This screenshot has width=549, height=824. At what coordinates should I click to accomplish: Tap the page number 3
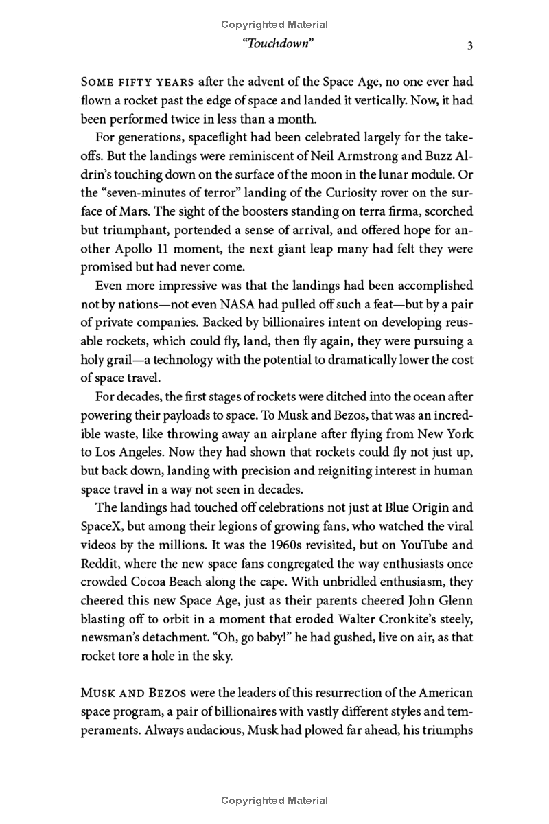469,46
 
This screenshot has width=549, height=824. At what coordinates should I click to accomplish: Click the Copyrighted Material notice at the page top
274,25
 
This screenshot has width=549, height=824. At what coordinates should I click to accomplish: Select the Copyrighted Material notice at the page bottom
274,801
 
